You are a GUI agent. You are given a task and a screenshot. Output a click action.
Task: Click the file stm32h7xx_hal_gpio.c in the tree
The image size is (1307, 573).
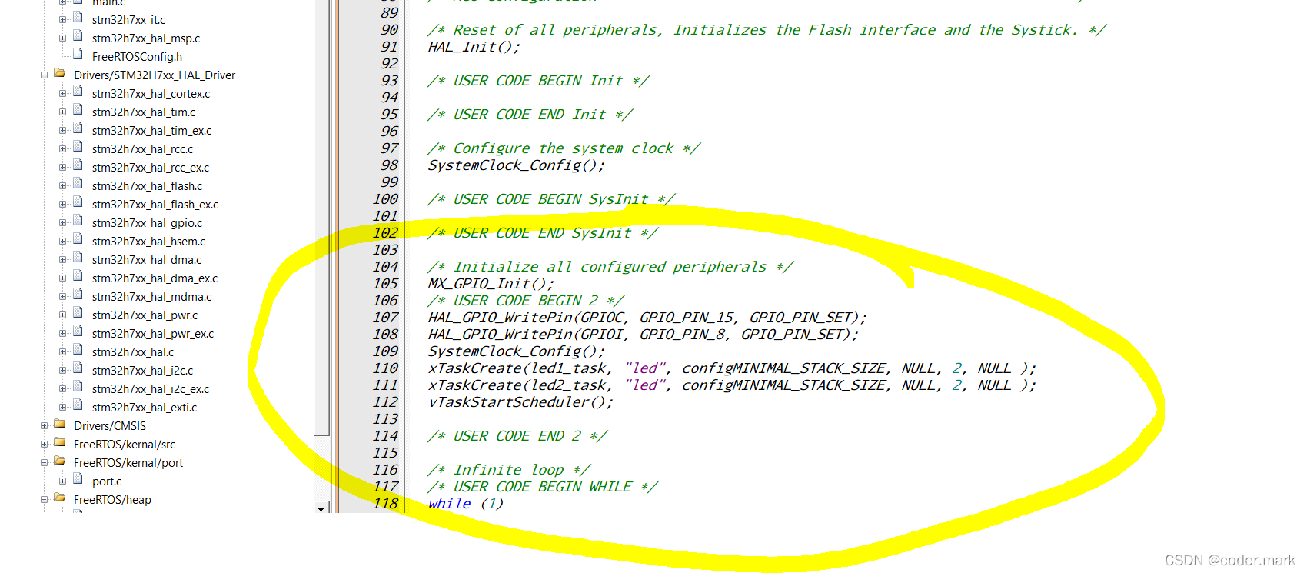(x=147, y=223)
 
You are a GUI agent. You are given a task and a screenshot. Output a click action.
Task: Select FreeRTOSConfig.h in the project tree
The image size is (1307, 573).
(x=137, y=57)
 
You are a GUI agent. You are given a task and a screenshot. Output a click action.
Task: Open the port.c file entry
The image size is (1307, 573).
(x=107, y=481)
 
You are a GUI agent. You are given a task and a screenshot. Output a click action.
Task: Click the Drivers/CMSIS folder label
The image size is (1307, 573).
(x=110, y=426)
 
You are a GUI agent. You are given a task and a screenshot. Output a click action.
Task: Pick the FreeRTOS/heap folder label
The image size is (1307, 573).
(x=112, y=500)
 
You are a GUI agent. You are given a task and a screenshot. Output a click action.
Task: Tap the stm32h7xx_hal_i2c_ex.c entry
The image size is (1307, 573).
(x=151, y=389)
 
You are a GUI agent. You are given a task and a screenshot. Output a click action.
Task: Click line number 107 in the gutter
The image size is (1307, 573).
(x=386, y=318)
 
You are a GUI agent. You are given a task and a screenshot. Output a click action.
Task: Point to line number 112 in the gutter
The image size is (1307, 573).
(x=386, y=402)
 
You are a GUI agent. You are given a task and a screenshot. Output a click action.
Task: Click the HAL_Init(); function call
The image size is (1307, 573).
(x=474, y=47)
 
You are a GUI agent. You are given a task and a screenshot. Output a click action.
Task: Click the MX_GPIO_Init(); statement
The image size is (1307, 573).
(x=491, y=284)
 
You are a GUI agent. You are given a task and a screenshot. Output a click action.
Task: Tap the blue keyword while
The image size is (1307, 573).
(x=449, y=504)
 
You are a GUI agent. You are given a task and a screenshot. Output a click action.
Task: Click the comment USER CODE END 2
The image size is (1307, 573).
(x=517, y=436)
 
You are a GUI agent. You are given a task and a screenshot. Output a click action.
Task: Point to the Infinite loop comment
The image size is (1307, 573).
(x=509, y=470)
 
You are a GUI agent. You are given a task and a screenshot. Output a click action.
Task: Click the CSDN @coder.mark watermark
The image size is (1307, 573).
(x=1229, y=560)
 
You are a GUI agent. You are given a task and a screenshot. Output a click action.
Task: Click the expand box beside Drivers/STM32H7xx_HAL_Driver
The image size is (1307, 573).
(x=44, y=75)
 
